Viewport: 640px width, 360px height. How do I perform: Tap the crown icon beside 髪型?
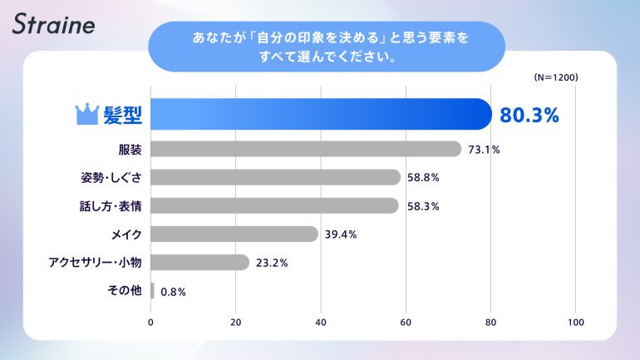pos(87,114)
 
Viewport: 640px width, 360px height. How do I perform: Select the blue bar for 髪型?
pos(321,114)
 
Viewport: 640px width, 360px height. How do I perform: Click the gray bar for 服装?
pos(306,149)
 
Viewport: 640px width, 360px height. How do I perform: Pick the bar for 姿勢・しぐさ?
pos(276,177)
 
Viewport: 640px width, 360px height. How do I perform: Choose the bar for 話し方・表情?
pos(275,205)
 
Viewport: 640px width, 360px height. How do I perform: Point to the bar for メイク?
pos(234,234)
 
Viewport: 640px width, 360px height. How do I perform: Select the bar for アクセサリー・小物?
pos(200,262)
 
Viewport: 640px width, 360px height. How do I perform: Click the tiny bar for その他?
pos(153,290)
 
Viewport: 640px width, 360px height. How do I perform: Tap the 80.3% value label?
pos(528,115)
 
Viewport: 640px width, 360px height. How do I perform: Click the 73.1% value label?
pos(484,150)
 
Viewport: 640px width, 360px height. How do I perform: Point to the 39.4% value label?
pos(341,234)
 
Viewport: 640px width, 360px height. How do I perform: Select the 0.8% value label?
pos(173,291)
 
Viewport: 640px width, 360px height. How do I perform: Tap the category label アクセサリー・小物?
pos(96,262)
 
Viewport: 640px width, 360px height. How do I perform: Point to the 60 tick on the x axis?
pos(406,322)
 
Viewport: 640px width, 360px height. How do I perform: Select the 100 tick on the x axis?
pos(575,322)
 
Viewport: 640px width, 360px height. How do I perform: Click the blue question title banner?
pos(326,47)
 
